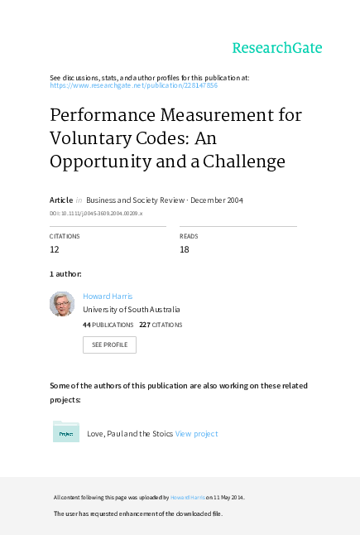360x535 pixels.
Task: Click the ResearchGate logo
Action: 276,48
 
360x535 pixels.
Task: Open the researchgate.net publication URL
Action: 134,85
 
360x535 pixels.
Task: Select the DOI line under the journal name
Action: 96,214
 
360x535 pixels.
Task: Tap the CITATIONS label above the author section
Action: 65,236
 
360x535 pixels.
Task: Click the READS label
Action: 189,236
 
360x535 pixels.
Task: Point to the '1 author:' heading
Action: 65,273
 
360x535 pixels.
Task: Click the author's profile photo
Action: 62,304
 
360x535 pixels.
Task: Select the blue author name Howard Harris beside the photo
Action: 108,296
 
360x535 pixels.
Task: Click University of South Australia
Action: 132,310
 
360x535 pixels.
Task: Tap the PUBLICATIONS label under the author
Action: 113,325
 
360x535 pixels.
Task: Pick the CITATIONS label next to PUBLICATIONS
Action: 167,325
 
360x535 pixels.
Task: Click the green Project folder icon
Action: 66,432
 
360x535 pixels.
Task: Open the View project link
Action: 196,433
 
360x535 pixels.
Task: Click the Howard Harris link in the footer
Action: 187,498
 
